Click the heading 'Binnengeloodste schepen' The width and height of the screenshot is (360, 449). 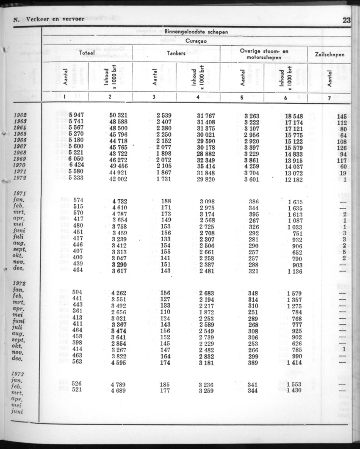196,31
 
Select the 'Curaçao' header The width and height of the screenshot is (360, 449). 196,41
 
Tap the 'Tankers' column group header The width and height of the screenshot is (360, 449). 177,54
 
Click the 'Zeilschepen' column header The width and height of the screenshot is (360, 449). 330,54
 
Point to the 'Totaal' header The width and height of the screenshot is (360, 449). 87,54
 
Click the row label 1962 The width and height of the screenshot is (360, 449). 20,116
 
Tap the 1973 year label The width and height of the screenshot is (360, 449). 19,374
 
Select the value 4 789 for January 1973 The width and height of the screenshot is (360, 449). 119,384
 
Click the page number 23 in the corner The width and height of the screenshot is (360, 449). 347,20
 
